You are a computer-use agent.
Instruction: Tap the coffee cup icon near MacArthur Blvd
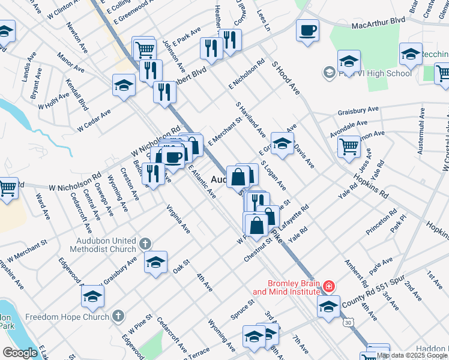[307, 30]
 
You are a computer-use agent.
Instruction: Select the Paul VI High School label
[375, 73]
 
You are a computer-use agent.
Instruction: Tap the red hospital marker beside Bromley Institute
[328, 287]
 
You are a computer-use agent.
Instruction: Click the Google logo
[20, 353]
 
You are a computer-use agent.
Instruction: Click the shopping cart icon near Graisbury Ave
[349, 146]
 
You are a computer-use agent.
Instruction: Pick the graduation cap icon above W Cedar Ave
[124, 85]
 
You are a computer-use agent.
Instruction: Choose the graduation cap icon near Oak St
[155, 262]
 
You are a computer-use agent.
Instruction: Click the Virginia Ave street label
[178, 221]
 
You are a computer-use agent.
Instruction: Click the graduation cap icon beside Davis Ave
[282, 143]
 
